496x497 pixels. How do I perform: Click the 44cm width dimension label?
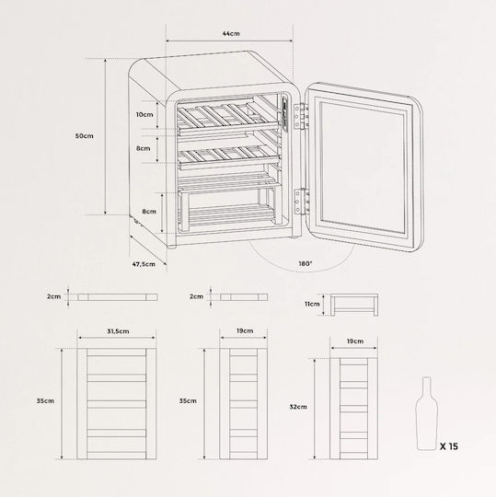[231, 33]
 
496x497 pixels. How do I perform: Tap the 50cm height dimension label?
[85, 135]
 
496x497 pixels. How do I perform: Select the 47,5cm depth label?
[144, 264]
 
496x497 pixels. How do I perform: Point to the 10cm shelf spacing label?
[144, 114]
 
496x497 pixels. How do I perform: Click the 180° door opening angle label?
[306, 263]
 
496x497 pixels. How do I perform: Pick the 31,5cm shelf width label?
[118, 331]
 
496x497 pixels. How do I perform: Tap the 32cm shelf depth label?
[298, 407]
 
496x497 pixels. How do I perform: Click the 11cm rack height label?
[312, 304]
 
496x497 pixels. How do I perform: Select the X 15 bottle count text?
[449, 446]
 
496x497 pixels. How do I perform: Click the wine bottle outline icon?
[427, 413]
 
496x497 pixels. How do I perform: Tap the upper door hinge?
[300, 116]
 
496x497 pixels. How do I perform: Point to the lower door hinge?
[301, 202]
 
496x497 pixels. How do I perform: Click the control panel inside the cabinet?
[285, 113]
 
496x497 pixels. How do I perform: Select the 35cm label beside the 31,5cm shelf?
[45, 400]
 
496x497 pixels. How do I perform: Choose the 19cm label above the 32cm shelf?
[355, 341]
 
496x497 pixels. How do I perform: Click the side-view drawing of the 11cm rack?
[354, 305]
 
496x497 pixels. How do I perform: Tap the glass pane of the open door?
[363, 168]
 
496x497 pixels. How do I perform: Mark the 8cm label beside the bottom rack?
[149, 211]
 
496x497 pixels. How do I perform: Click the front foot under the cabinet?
[171, 247]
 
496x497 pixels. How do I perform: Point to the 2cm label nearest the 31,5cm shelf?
[54, 296]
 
